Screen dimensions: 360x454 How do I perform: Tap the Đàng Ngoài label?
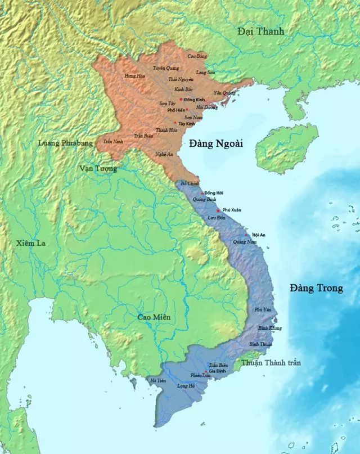pyautogui.click(x=215, y=143)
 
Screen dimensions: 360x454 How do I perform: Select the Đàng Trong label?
pyautogui.click(x=316, y=288)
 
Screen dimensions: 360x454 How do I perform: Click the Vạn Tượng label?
pyautogui.click(x=98, y=168)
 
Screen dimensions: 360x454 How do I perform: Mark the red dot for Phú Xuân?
pyautogui.click(x=218, y=210)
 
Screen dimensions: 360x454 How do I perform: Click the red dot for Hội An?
pyautogui.click(x=246, y=234)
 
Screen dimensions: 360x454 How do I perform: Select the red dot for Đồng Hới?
pyautogui.click(x=202, y=193)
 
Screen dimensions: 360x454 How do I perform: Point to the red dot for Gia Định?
pyautogui.click(x=206, y=371)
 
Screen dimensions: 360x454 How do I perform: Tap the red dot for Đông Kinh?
pyautogui.click(x=181, y=99)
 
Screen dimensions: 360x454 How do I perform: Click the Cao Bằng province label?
pyautogui.click(x=197, y=56)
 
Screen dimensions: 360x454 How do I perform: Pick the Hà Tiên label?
pyautogui.click(x=157, y=381)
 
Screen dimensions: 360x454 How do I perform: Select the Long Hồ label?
pyautogui.click(x=186, y=386)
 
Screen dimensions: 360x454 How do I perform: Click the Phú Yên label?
pyautogui.click(x=263, y=310)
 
